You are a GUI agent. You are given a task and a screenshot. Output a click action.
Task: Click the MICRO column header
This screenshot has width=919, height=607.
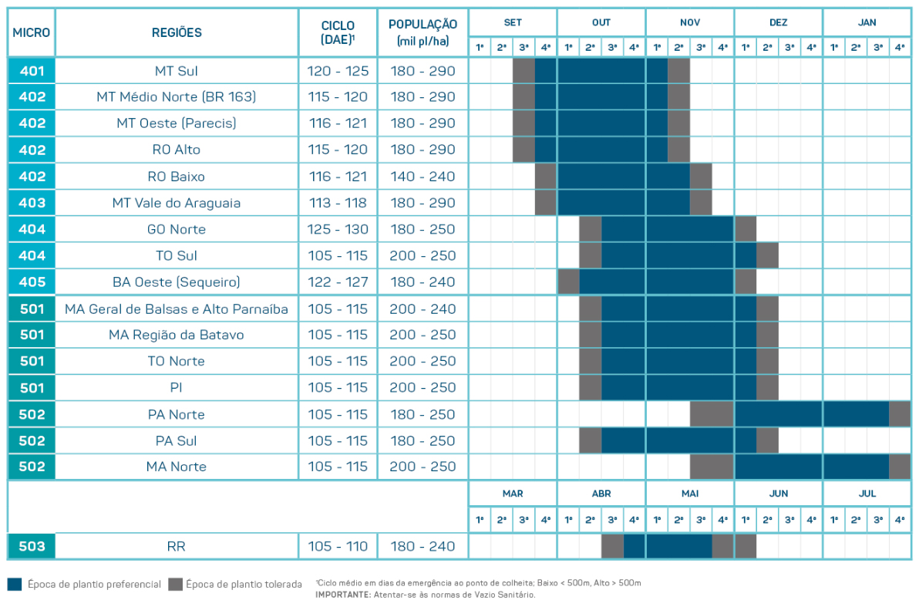click(x=32, y=32)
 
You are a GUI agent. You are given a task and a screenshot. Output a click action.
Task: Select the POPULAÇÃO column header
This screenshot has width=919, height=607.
click(x=423, y=32)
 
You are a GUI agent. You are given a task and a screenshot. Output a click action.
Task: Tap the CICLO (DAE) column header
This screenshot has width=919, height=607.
click(x=338, y=32)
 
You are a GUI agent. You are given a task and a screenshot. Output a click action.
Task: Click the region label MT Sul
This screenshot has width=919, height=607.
click(x=177, y=71)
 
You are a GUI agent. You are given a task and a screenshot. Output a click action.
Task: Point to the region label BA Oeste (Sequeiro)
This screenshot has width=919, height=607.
click(x=177, y=282)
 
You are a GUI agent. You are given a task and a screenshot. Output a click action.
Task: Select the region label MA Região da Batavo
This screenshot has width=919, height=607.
click(x=177, y=335)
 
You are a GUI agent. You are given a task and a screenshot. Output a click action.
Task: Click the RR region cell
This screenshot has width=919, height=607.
click(x=177, y=546)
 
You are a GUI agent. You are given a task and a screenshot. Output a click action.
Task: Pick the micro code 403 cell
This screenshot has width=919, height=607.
click(x=32, y=203)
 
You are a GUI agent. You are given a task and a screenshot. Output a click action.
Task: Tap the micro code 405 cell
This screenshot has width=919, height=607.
click(x=32, y=282)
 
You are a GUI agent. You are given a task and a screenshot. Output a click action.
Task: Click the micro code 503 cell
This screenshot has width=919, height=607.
click(x=32, y=546)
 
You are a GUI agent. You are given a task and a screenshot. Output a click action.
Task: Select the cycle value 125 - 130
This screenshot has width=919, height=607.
click(x=338, y=229)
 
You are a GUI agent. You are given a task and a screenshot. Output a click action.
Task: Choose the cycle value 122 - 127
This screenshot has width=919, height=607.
click(x=338, y=282)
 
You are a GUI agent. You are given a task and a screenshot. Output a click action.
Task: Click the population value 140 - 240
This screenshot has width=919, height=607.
click(x=423, y=177)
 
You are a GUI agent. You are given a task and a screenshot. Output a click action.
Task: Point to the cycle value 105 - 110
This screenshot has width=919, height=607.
click(x=338, y=546)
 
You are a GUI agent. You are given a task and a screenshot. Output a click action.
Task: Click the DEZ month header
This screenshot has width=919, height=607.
click(x=778, y=22)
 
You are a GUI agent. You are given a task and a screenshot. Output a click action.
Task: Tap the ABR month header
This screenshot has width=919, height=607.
click(x=601, y=493)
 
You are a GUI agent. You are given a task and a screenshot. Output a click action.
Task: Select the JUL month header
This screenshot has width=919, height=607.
click(x=867, y=493)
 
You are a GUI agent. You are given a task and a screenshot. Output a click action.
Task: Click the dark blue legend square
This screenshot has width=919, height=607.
click(x=14, y=584)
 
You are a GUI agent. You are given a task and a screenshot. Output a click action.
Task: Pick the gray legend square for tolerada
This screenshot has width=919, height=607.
click(x=175, y=584)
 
